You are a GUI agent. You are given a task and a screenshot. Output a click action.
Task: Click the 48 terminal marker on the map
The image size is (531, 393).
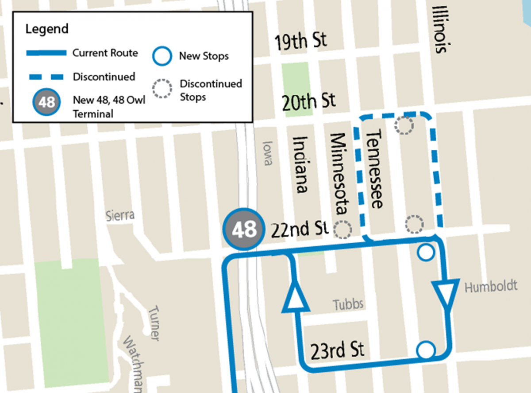click(244, 230)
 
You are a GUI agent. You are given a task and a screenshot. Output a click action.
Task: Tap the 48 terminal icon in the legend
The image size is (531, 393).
click(46, 102)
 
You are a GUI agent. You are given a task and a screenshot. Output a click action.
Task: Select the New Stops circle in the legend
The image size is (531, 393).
click(162, 56)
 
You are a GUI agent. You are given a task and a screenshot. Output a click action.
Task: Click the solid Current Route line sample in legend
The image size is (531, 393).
click(46, 53)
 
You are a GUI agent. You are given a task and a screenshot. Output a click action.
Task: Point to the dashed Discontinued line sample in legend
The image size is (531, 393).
click(46, 77)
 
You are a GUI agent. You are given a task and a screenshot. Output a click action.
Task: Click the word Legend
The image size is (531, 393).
click(47, 29)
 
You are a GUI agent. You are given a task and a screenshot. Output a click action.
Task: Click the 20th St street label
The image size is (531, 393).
click(309, 101)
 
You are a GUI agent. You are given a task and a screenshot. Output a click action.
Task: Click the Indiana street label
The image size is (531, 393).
click(300, 164)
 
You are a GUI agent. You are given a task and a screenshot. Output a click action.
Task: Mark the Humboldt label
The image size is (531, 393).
click(490, 287)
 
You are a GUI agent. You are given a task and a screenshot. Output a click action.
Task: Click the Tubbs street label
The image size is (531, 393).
click(348, 304)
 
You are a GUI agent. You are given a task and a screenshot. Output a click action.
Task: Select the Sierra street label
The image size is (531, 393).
click(120, 216)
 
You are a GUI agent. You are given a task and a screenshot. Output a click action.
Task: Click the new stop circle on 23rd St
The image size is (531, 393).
click(426, 350)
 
